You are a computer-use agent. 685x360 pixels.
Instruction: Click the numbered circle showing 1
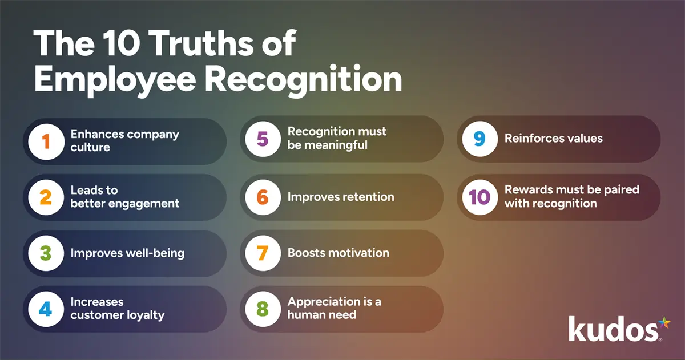pyautogui.click(x=46, y=141)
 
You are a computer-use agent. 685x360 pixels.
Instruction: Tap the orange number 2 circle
pyautogui.click(x=46, y=197)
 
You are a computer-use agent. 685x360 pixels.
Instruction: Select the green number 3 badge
pyautogui.click(x=46, y=253)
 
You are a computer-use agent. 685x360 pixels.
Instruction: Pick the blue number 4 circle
pyautogui.click(x=46, y=309)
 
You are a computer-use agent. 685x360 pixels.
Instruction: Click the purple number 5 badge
pyautogui.click(x=263, y=139)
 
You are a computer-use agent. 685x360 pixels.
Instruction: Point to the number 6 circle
pyautogui.click(x=263, y=197)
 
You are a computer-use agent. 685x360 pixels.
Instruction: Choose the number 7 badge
pyautogui.click(x=263, y=253)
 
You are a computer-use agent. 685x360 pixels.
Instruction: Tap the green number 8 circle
pyautogui.click(x=263, y=308)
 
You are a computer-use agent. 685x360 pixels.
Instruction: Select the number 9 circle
pyautogui.click(x=479, y=139)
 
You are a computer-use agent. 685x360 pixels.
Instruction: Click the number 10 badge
pyautogui.click(x=479, y=197)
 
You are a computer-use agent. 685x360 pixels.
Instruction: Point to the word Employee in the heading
pyautogui.click(x=114, y=79)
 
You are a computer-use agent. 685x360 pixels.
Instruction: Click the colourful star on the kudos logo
pyautogui.click(x=664, y=323)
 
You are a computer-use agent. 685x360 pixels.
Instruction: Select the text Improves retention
pyautogui.click(x=341, y=197)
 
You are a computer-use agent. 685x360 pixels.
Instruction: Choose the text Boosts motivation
pyautogui.click(x=339, y=253)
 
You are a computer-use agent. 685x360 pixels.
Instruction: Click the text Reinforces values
pyautogui.click(x=554, y=138)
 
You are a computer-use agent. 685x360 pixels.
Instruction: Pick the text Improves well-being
pyautogui.click(x=127, y=253)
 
